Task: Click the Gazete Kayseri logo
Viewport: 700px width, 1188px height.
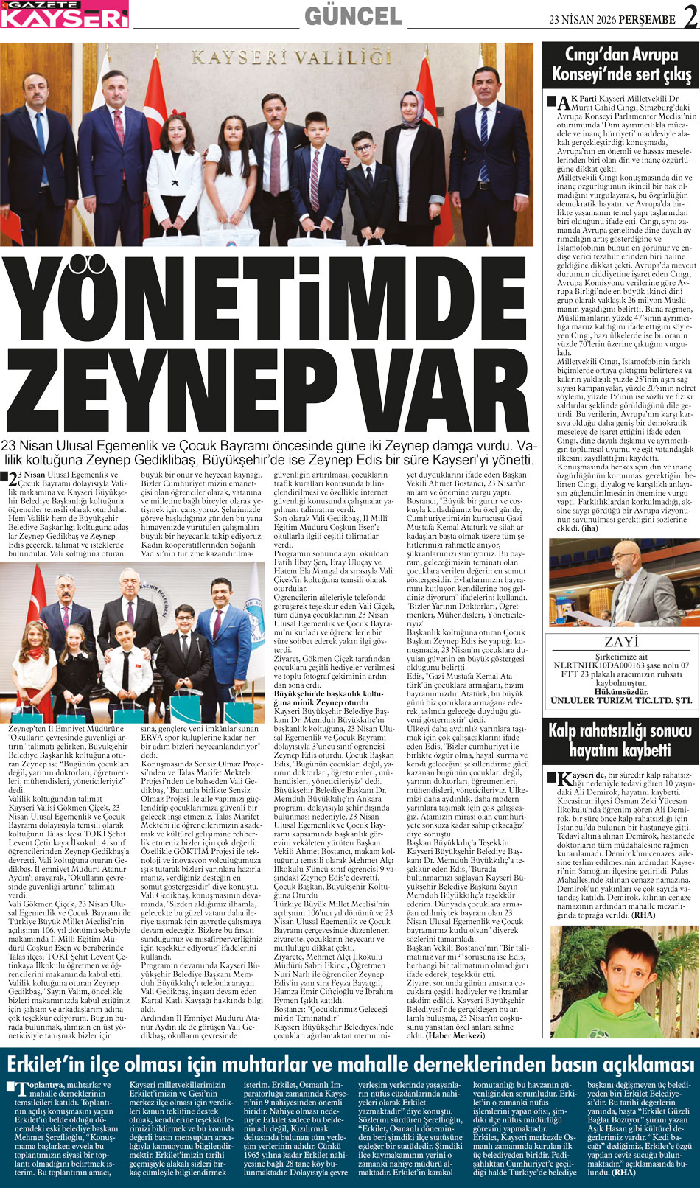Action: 64,14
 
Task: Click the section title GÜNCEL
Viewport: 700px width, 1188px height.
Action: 353,15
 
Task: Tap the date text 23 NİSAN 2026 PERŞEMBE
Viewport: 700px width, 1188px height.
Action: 612,20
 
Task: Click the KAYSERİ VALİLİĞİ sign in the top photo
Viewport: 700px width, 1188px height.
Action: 291,57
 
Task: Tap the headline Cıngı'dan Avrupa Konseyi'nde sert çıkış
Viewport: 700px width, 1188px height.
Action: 621,65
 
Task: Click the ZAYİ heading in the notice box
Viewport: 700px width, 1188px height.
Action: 620,642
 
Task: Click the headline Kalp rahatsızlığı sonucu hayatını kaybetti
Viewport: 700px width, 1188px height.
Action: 620,741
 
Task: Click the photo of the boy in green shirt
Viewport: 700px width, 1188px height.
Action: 620,982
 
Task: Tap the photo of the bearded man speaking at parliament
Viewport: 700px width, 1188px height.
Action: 620,582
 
